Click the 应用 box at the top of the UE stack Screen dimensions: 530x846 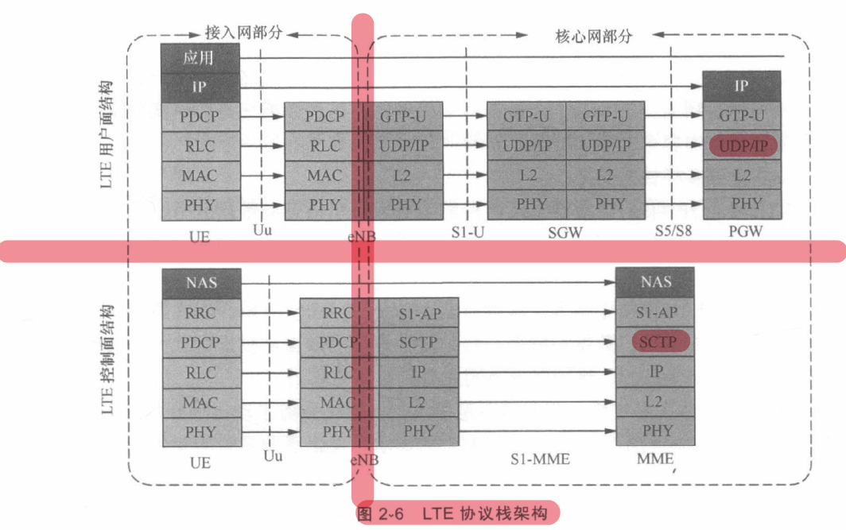click(x=199, y=57)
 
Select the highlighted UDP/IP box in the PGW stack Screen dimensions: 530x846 click(x=741, y=146)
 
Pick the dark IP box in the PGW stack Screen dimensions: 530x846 click(x=741, y=86)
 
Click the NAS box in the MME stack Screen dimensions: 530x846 click(x=655, y=281)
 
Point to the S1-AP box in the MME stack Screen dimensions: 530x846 click(x=655, y=312)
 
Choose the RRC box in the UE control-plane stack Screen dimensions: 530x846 click(x=200, y=313)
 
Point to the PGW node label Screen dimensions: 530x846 click(x=745, y=232)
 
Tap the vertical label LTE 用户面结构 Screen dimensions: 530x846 click(x=106, y=135)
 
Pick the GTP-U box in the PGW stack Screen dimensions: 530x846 click(x=741, y=116)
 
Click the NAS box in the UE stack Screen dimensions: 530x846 click(x=201, y=282)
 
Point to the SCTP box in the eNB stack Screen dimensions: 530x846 click(x=418, y=342)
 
